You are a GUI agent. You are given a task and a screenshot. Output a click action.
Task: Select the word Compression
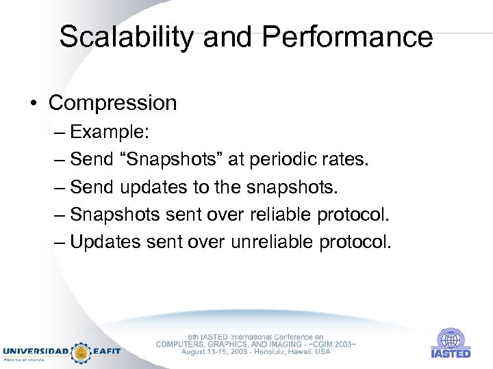[113, 103]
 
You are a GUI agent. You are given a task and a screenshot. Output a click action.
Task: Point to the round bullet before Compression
[34, 104]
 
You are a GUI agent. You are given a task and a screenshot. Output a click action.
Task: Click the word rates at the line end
[348, 159]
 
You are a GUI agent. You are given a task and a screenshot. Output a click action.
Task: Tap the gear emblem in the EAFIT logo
[81, 352]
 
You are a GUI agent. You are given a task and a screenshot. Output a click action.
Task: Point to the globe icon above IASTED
[450, 339]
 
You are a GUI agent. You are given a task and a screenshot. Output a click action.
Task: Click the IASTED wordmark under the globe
[451, 354]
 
